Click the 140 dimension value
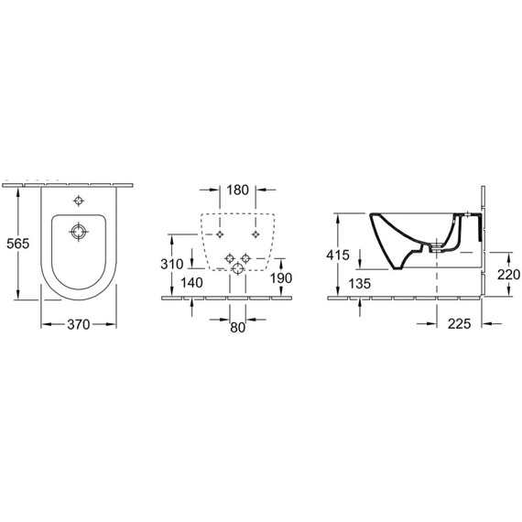click(191, 283)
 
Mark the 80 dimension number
click(238, 326)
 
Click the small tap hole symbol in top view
click(78, 201)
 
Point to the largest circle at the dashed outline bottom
click(240, 266)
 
